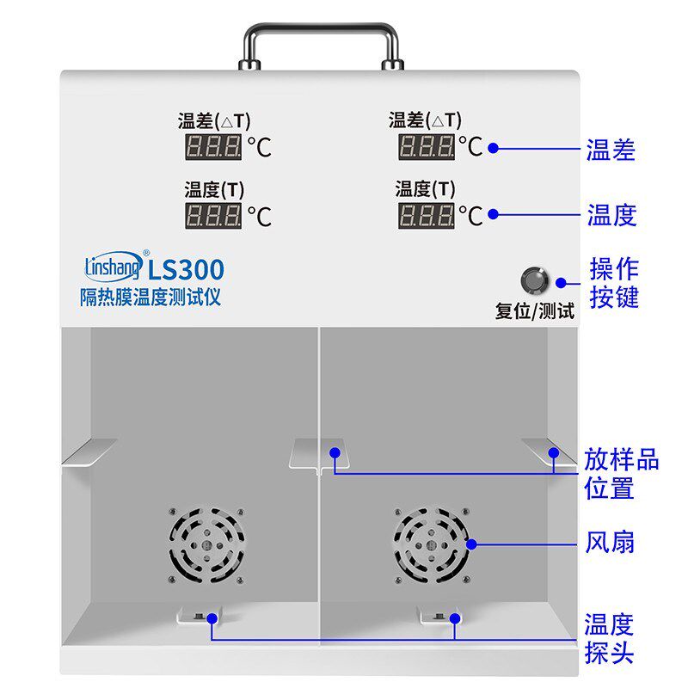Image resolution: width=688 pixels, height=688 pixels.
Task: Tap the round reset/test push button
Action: point(534,280)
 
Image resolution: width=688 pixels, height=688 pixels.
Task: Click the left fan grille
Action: point(206,545)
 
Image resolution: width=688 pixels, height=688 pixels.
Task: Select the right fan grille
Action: point(432,545)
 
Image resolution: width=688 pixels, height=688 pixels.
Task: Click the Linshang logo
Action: point(114,266)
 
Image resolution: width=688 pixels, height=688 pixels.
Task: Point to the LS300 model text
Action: point(186,270)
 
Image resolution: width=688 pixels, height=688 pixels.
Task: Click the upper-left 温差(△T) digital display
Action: point(213,146)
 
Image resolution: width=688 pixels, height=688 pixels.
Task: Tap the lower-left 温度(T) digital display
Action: point(213,215)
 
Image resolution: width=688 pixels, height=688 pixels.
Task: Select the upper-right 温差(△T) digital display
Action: point(427,146)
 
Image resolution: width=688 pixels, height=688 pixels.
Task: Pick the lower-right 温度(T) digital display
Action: point(427,215)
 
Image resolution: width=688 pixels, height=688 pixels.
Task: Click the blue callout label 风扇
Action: point(610,543)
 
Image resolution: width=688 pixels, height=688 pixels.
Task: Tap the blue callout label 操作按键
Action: point(614,283)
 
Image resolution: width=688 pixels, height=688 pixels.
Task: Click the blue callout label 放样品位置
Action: point(621,474)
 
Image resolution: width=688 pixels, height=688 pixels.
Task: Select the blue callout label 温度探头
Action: point(609,639)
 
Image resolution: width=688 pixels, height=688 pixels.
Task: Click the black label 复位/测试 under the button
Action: point(534,311)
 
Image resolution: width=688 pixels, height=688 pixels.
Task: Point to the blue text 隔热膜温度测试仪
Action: point(150,297)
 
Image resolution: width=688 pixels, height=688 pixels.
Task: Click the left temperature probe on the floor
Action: point(199,616)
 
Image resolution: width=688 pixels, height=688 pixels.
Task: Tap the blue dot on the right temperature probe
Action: point(455,618)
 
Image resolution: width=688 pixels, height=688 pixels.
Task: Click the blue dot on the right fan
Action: point(471,544)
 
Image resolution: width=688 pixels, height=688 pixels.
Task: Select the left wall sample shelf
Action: point(89,451)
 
